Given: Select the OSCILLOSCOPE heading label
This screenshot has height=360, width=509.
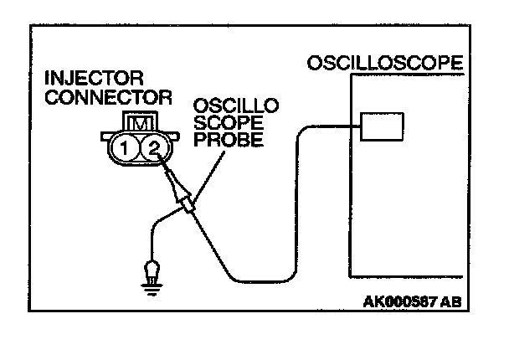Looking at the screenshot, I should pos(385,64).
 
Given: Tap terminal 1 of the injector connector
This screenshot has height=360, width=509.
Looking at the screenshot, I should pos(125,151).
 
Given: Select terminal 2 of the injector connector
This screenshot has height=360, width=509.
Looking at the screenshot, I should pos(152,151).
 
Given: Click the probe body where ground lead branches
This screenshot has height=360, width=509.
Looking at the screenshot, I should pos(188,203).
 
